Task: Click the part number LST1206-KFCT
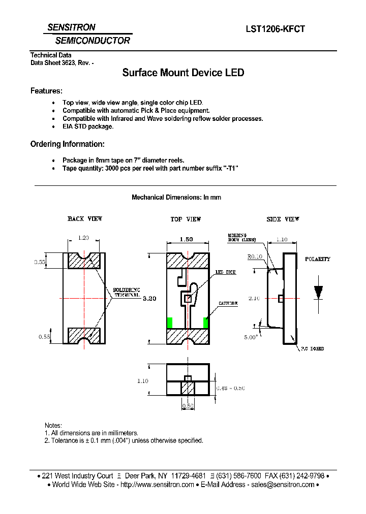[275, 29]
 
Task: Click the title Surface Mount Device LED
[183, 73]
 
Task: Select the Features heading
[46, 91]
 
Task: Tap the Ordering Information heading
[68, 144]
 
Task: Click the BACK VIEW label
[85, 219]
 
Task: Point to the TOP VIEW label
[186, 219]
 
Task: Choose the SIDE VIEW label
[283, 219]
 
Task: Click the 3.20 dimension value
[149, 299]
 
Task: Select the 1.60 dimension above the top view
[186, 239]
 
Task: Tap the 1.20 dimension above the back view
[84, 238]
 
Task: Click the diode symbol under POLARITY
[319, 292]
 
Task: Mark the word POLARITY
[318, 259]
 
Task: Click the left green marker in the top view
[170, 322]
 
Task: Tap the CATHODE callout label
[228, 304]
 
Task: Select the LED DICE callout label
[225, 273]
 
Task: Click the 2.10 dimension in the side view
[254, 299]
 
